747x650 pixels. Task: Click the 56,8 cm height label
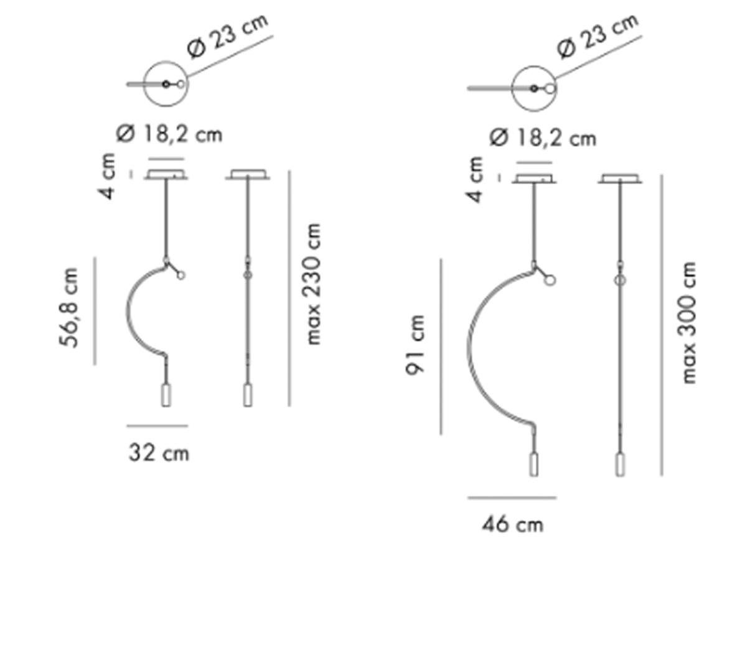click(68, 307)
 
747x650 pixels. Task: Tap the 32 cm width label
click(159, 453)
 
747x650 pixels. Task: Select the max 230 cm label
click(311, 284)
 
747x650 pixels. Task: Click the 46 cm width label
click(512, 525)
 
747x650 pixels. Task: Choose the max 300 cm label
click(687, 322)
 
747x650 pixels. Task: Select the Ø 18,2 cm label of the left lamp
click(169, 134)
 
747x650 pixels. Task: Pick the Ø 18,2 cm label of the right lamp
click(543, 138)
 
